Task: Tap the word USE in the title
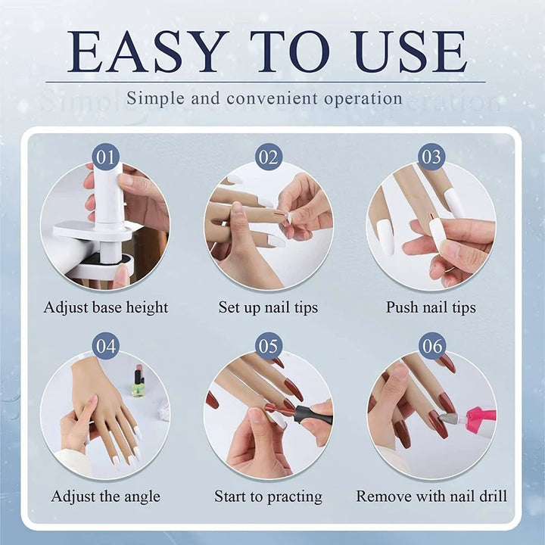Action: click(410, 52)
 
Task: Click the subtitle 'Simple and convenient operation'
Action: click(264, 98)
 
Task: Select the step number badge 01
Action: click(106, 157)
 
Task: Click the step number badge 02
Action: click(268, 157)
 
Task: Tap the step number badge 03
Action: click(431, 157)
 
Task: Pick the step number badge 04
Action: click(106, 347)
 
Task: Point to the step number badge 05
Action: click(268, 347)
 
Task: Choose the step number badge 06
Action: click(431, 347)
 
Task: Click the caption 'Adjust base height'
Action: click(106, 307)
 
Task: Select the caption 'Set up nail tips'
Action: click(268, 307)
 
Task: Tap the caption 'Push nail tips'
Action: click(431, 307)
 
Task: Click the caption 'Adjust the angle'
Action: click(106, 497)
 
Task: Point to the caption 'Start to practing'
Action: click(268, 497)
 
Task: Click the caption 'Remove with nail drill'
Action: click(431, 497)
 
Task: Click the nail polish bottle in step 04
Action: click(139, 382)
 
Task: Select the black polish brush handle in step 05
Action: click(310, 413)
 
